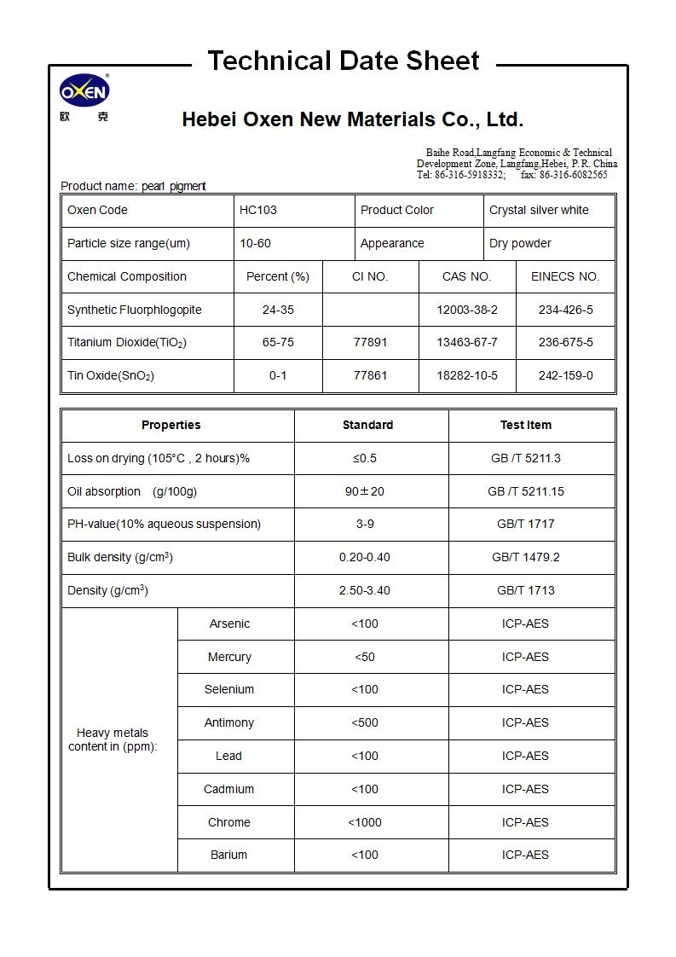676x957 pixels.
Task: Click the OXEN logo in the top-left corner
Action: [84, 92]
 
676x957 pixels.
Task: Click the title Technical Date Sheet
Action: [343, 61]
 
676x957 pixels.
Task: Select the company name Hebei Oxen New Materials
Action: [352, 119]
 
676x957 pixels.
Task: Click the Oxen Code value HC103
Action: [257, 210]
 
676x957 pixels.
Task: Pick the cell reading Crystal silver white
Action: [539, 210]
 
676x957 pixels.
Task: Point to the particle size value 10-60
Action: [255, 243]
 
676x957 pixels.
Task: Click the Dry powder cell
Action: [520, 243]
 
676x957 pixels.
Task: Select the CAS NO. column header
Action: [466, 276]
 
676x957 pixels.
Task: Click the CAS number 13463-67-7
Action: [466, 342]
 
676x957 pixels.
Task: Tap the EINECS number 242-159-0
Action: [565, 375]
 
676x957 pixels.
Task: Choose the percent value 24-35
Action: [278, 310]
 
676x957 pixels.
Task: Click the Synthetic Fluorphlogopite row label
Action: [135, 310]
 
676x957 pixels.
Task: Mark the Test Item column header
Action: [525, 425]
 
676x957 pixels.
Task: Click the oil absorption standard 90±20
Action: [365, 491]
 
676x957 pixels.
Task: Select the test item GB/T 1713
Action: [525, 590]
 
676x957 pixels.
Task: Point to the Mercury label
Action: [229, 657]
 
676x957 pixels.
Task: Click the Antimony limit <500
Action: [365, 722]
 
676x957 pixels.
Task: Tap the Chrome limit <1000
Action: [365, 822]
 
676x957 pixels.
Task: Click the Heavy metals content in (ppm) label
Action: [113, 739]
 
